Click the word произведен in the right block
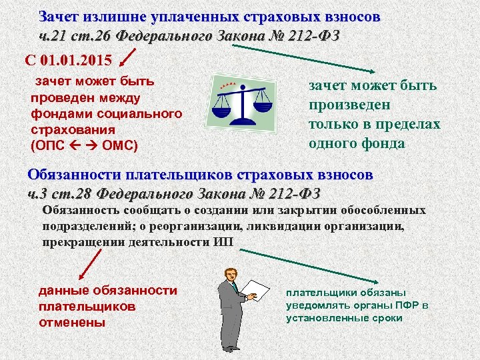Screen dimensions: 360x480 tap(349, 105)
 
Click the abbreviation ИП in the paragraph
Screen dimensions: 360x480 tap(224, 241)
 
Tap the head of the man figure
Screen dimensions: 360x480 tap(230, 273)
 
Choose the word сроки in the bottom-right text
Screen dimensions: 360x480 tap(388, 318)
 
